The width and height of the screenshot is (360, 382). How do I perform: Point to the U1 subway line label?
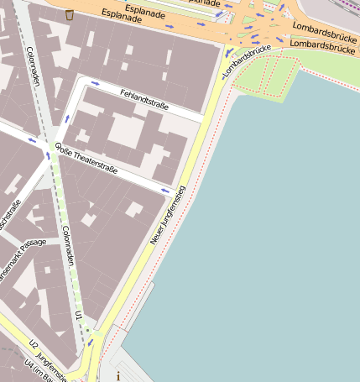tap(78, 315)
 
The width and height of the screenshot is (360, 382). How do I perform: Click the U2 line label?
tap(34, 344)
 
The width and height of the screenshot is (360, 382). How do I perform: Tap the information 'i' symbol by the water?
tap(118, 376)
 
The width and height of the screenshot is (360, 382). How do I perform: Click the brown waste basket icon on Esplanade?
tap(69, 14)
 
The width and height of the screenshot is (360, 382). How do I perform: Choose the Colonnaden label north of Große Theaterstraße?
tap(34, 66)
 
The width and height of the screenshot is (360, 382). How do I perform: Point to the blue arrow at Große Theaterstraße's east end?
tap(164, 191)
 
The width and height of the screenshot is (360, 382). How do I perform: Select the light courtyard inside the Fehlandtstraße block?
tap(127, 129)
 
